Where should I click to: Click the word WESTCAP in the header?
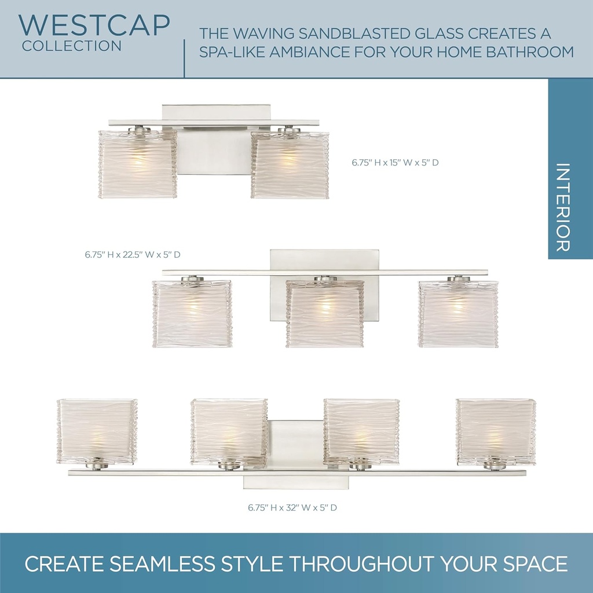pos(94,25)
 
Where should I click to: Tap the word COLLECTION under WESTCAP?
pos(72,46)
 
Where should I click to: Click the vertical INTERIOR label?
pos(562,207)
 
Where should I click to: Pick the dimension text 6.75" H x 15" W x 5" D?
pos(395,163)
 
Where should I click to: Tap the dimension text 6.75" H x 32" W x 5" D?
pos(292,507)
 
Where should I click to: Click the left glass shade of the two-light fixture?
pos(137,164)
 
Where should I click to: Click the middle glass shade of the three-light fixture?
pos(325,314)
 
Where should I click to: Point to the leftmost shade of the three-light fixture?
pos(192,314)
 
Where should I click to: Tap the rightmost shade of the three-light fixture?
pos(458,314)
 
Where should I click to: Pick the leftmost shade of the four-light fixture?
pos(97,431)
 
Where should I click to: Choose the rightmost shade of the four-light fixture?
pos(496,431)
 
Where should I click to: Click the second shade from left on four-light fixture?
pos(229,431)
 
